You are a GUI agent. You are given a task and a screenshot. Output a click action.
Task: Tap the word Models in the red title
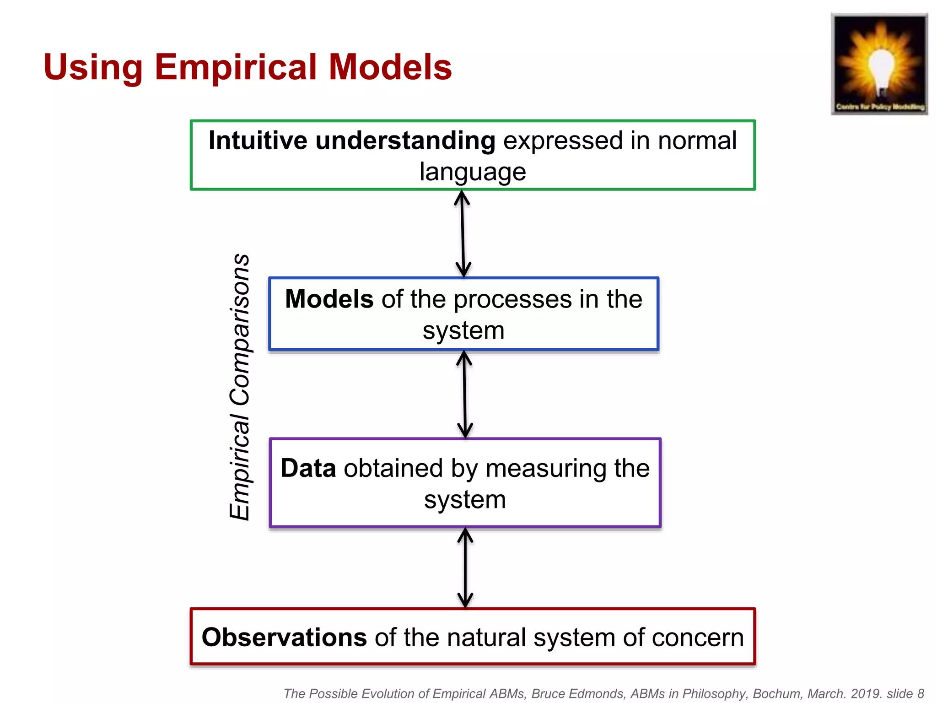coord(390,67)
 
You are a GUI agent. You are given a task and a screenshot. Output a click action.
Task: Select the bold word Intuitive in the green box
coord(258,141)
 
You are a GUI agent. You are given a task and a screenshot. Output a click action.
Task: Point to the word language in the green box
coord(473,172)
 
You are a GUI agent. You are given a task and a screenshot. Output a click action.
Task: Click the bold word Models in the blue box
coord(329,299)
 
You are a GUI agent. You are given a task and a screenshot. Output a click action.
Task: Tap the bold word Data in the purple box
coord(308,469)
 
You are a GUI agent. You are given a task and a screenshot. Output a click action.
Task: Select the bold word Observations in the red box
coord(284,638)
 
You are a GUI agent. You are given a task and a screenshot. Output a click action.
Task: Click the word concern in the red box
coord(698,638)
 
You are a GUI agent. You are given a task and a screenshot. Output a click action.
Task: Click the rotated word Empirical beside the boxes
coord(240,467)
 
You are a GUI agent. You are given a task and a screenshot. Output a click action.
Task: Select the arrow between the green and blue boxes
coord(463,233)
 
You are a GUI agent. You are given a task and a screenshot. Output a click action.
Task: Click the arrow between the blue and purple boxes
coord(464,395)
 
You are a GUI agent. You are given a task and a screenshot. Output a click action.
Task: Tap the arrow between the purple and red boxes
coord(465,568)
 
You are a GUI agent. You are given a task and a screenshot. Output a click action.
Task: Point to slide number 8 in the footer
coord(921,694)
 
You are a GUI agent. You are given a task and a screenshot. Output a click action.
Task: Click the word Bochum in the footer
coord(775,694)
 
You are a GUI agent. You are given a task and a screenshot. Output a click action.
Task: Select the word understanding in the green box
coord(405,141)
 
